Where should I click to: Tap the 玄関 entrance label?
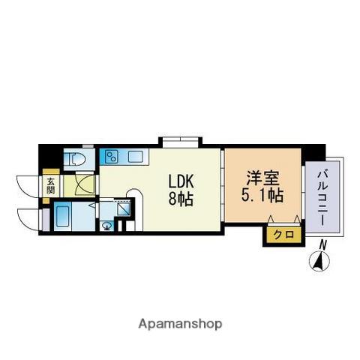point(51,185)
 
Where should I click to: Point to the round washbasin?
point(107,224)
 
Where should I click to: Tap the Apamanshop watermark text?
point(180,323)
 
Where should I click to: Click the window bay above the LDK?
point(179,141)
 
